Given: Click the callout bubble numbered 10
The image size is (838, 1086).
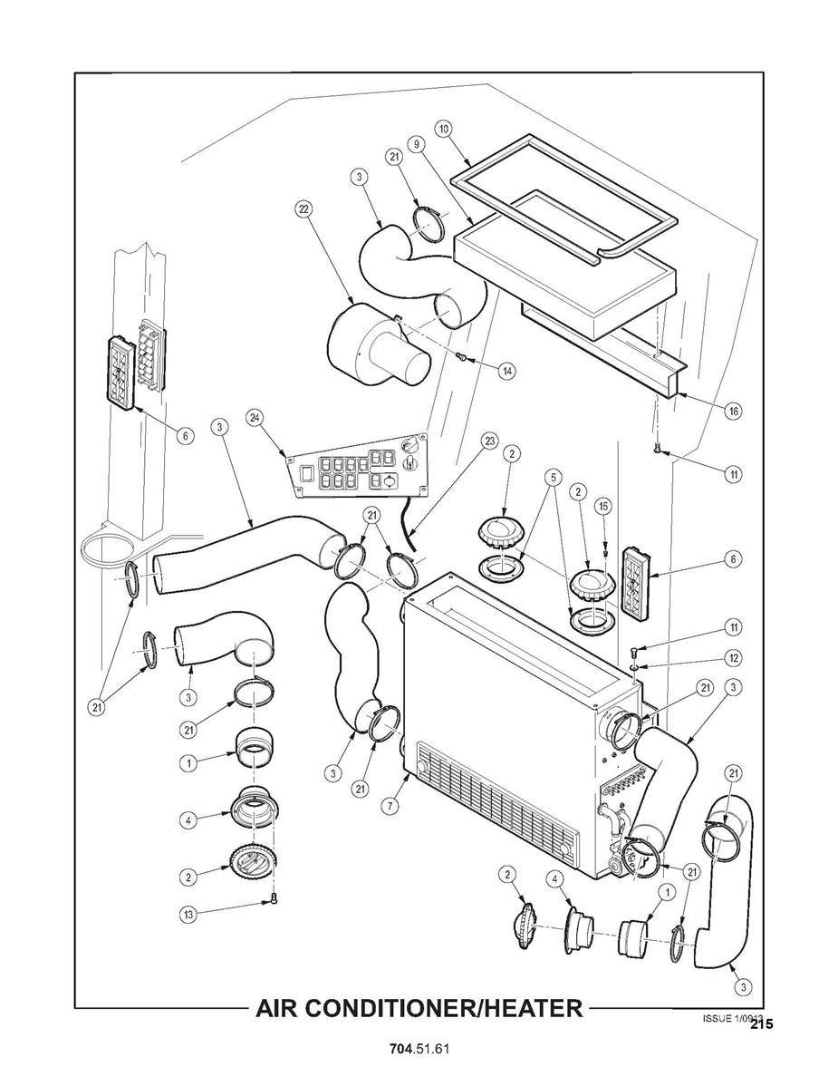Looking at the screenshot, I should [443, 129].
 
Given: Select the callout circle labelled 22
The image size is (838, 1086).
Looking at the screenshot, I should [303, 209].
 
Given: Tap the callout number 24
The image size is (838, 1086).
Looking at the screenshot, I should [255, 417].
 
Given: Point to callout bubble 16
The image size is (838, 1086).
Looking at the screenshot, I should [734, 411].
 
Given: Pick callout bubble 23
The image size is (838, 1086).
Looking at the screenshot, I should [489, 441].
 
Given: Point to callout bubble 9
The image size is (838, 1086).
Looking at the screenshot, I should [416, 144].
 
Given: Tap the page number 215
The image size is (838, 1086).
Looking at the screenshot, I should [761, 1024].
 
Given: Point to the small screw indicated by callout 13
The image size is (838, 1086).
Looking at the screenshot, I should [275, 899].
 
